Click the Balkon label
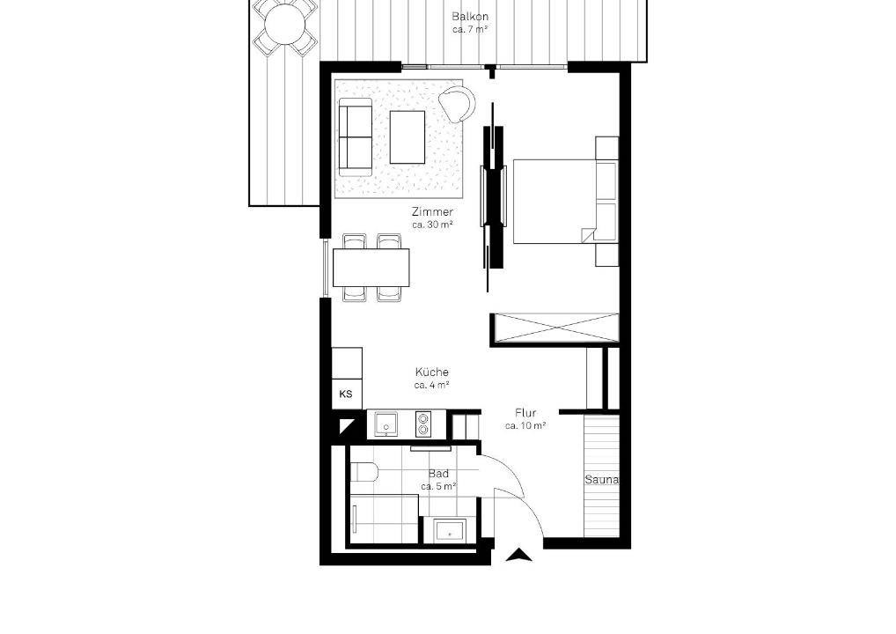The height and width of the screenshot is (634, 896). [470, 16]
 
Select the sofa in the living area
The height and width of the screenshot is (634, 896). [356, 137]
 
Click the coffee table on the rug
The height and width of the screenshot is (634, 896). [408, 136]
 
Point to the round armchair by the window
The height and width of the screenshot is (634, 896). [457, 104]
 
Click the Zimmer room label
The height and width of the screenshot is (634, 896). [432, 212]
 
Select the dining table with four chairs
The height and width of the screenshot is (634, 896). [371, 267]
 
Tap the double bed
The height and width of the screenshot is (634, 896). [555, 202]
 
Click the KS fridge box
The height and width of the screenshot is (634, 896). [346, 394]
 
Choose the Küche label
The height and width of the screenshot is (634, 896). [432, 372]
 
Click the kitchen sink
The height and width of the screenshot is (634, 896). [388, 424]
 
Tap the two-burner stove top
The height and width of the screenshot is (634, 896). [422, 424]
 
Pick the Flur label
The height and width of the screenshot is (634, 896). [525, 413]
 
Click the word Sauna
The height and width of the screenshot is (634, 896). [601, 480]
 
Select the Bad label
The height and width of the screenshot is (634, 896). [438, 474]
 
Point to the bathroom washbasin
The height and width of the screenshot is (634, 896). [450, 530]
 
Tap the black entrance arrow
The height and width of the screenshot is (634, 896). [519, 555]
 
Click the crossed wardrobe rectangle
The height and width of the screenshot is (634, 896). [555, 328]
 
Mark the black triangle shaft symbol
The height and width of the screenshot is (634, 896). [346, 426]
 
